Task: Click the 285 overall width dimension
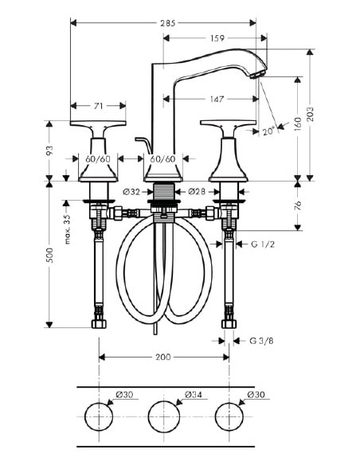pyautogui.click(x=167, y=23)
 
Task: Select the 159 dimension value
pyautogui.click(x=216, y=37)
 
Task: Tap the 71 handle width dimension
pyautogui.click(x=98, y=104)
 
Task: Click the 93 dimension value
pyautogui.click(x=49, y=149)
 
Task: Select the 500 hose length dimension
pyautogui.click(x=49, y=255)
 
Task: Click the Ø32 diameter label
pyautogui.click(x=133, y=191)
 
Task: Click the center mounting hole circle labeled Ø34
pyautogui.click(x=165, y=416)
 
